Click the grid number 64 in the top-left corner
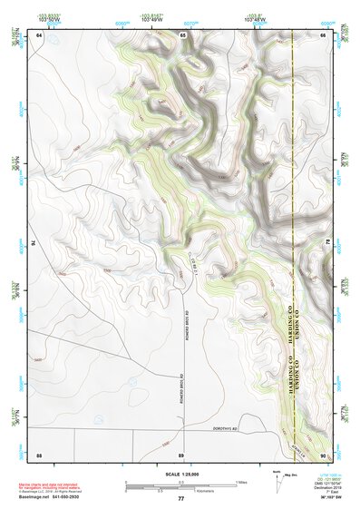click(x=39, y=34)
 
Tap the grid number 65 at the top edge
click(x=182, y=34)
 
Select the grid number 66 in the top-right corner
click(x=324, y=34)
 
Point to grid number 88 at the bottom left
click(x=39, y=454)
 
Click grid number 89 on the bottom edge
click(x=181, y=454)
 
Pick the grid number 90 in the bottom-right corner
click(x=324, y=454)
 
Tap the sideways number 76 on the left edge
click(x=34, y=243)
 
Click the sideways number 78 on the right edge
click(x=328, y=243)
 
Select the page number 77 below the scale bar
click(x=181, y=499)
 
